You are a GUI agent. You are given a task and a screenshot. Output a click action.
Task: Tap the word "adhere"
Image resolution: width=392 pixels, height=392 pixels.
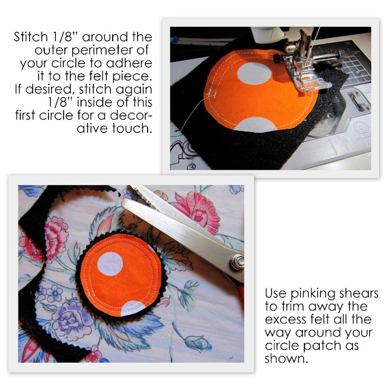(129, 62)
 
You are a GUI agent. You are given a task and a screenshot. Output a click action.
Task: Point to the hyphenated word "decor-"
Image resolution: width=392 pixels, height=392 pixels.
(131, 115)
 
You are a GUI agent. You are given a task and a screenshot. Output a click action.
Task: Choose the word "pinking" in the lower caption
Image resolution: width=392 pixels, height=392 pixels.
(312, 294)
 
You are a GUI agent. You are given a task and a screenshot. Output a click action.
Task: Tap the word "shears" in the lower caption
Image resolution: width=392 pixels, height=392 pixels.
(358, 293)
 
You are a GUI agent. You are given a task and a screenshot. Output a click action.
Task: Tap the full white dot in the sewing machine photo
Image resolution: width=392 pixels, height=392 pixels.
(254, 73)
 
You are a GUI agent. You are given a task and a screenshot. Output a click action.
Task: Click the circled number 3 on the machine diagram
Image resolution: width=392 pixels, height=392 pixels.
(191, 167)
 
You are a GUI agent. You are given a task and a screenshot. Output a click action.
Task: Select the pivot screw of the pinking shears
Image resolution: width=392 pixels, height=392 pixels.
(238, 262)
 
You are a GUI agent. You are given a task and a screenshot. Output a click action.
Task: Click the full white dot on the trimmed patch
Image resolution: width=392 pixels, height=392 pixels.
(110, 264)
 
